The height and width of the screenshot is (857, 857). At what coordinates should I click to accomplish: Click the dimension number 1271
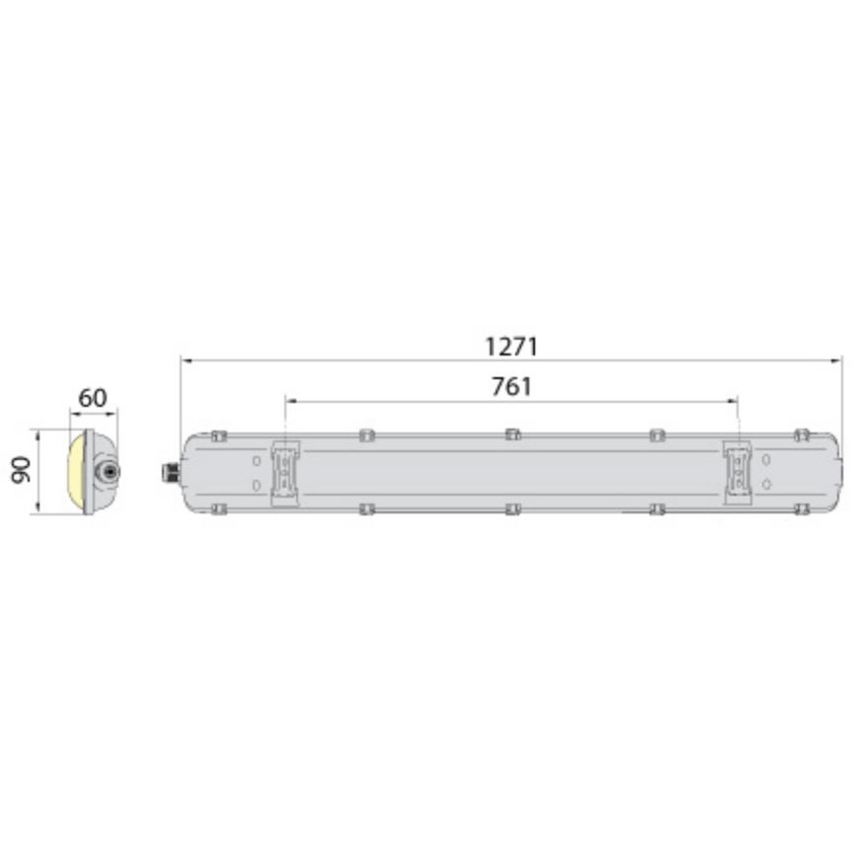(510, 348)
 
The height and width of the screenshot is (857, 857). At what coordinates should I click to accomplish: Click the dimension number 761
(511, 388)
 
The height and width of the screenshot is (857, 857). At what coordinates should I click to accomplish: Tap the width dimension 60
(92, 399)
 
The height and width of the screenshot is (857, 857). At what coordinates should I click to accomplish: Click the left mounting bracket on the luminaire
(285, 472)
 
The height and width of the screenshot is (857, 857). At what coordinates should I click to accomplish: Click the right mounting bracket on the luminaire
(737, 472)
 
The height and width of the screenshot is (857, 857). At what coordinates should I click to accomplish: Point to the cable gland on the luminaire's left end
(170, 472)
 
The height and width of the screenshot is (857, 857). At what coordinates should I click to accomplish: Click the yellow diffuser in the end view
(75, 472)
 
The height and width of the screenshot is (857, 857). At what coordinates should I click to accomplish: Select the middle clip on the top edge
(511, 434)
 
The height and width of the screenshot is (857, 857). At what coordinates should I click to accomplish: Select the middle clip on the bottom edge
(511, 509)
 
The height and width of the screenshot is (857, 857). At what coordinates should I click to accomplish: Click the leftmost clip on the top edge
(219, 435)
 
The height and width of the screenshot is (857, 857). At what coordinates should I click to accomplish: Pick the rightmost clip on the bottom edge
(802, 509)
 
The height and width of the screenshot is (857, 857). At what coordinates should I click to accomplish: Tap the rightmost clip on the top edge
(802, 435)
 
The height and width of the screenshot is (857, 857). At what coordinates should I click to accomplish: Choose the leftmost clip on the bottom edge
(219, 509)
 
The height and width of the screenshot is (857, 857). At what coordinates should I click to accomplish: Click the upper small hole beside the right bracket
(766, 460)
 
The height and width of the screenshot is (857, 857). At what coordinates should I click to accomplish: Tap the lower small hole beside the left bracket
(257, 485)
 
